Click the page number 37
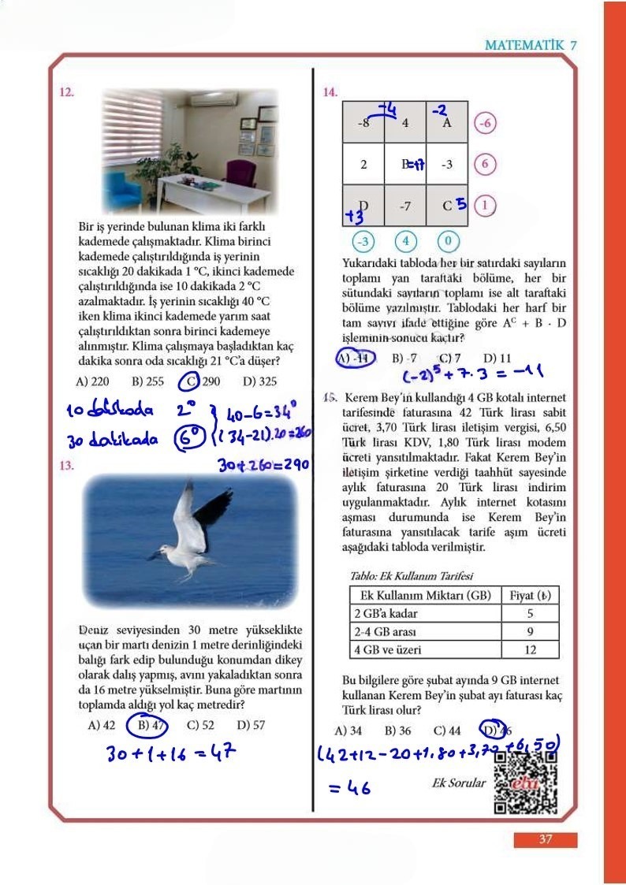(546, 840)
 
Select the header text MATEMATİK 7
(531, 46)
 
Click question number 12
(67, 92)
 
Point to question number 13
(67, 465)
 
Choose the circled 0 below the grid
(447, 240)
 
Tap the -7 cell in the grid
(405, 207)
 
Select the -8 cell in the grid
(363, 123)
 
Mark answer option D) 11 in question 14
(497, 359)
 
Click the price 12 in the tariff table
(530, 650)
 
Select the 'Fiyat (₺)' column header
(530, 595)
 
